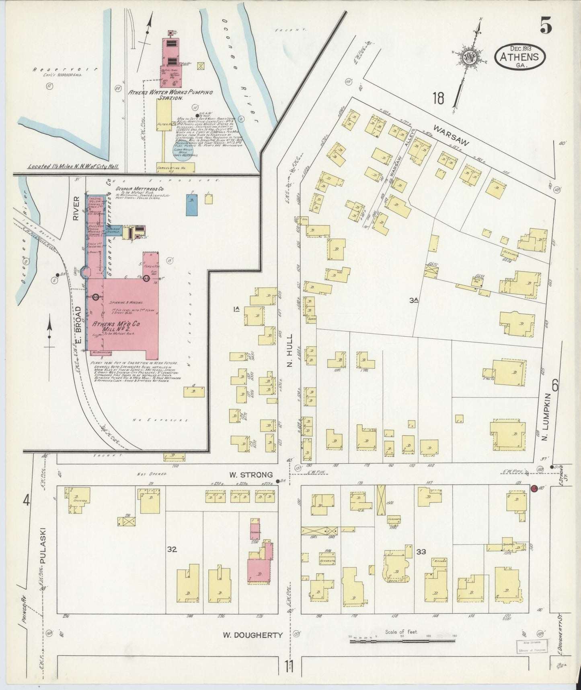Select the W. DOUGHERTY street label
[253, 635]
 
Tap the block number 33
[421, 552]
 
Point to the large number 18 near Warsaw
[438, 98]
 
